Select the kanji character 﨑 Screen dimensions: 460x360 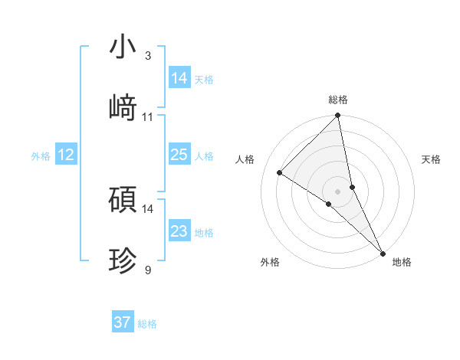123,107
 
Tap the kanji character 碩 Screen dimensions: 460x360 123,199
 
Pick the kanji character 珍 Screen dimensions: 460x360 123,260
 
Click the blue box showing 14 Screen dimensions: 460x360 179,78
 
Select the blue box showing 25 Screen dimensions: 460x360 179,155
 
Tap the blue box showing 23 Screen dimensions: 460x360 179,231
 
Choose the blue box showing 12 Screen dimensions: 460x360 65,155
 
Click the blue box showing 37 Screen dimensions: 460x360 122,322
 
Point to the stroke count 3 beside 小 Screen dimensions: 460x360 148,55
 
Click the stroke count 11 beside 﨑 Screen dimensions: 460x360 148,116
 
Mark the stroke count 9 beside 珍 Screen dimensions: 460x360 148,270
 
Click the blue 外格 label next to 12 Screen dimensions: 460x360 41,156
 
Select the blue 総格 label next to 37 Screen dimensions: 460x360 147,324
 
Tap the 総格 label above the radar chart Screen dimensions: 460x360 338,100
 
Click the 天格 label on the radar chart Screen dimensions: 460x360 432,159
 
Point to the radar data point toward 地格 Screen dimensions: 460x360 383,253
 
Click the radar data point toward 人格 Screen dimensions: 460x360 280,172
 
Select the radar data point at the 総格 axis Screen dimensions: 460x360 338,116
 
